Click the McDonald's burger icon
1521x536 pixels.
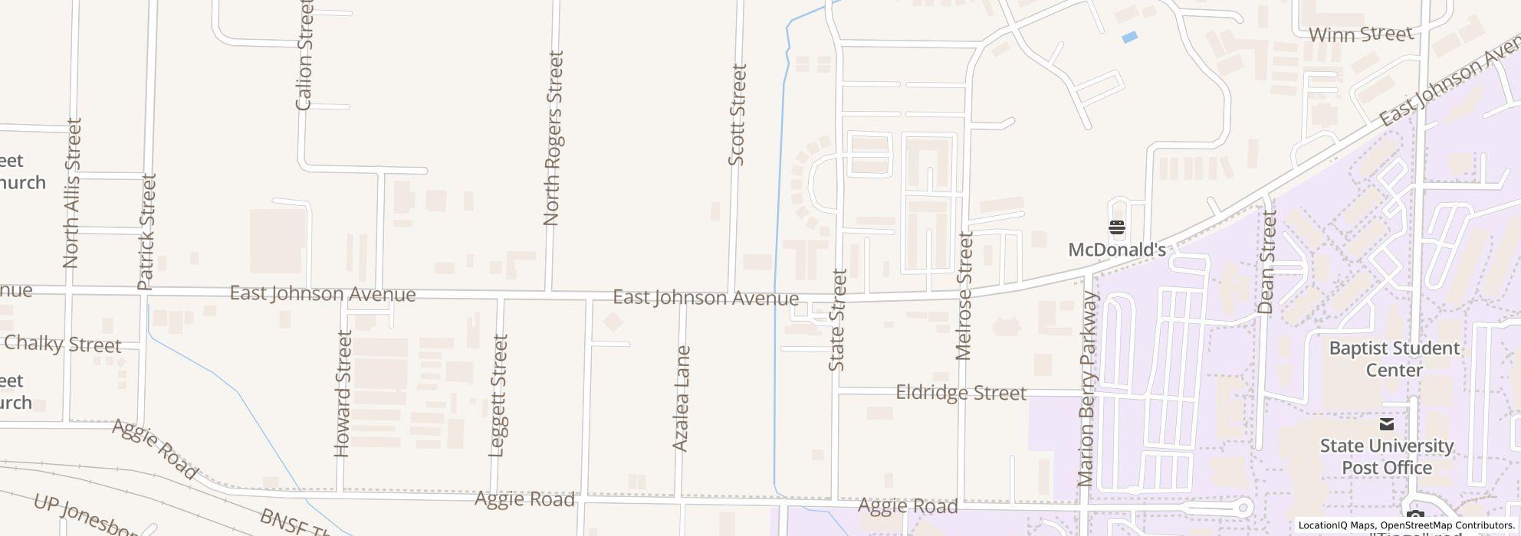tap(1116, 227)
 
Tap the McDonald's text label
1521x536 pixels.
tap(1117, 250)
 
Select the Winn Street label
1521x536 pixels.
tap(1361, 34)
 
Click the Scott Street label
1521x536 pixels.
tap(737, 115)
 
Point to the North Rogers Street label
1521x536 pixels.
tap(553, 139)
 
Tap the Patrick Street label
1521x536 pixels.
tap(146, 231)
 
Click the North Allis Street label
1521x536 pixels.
tap(71, 193)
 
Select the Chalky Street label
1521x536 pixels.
tap(62, 345)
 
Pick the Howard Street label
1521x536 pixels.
tap(343, 394)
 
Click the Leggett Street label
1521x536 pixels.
tap(498, 396)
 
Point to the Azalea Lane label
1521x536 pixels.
tap(681, 398)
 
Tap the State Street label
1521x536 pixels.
tap(837, 320)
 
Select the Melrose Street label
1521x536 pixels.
tap(964, 296)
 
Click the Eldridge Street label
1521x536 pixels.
tap(961, 393)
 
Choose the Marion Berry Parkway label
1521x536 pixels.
tap(1087, 389)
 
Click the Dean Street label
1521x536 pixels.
tap(1266, 263)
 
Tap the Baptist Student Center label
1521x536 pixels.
tap(1394, 359)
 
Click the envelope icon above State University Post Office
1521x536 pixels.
tap(1386, 424)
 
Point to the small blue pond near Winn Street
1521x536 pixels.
tap(1128, 37)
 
